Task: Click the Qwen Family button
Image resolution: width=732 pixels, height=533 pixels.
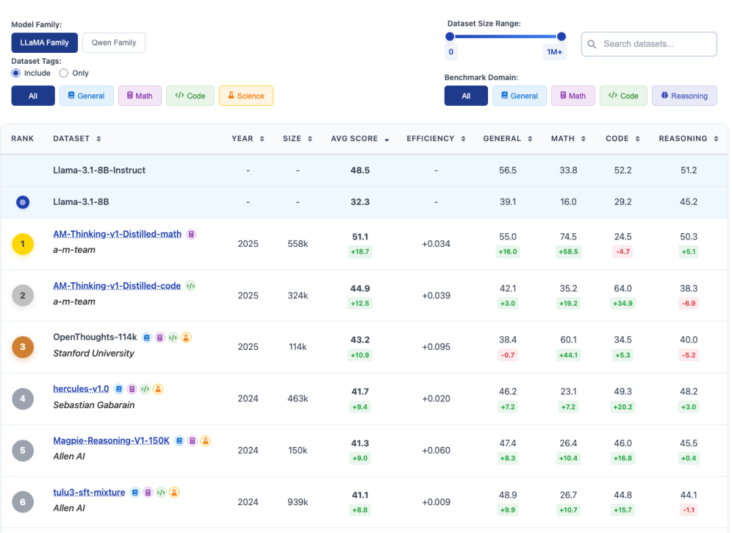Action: point(113,43)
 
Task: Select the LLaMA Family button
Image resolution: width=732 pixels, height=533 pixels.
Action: point(44,43)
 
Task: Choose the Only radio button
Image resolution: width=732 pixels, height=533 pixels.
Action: point(64,73)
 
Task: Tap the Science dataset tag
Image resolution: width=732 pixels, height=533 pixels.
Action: point(246,96)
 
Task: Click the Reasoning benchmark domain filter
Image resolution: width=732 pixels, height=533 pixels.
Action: point(685,96)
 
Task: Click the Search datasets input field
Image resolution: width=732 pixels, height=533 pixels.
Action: point(649,44)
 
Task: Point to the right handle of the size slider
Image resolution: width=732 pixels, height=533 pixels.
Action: point(562,37)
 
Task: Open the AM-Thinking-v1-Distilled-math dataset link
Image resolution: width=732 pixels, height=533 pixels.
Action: point(117,234)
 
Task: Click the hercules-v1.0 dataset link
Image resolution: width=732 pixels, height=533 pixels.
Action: point(81,389)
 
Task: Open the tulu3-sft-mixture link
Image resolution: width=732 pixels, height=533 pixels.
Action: point(89,492)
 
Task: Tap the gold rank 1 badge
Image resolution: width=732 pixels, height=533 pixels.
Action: point(22,244)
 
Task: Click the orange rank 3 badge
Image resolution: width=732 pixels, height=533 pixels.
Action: point(22,347)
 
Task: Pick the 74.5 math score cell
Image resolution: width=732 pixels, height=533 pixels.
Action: point(568,237)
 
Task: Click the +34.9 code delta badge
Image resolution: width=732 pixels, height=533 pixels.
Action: point(623,303)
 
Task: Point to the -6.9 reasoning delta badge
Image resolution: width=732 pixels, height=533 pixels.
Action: point(689,303)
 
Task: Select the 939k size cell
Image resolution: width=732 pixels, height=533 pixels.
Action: point(298,502)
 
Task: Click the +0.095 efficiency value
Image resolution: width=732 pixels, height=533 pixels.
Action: point(436,347)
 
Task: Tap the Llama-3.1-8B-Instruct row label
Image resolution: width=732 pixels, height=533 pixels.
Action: point(99,170)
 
